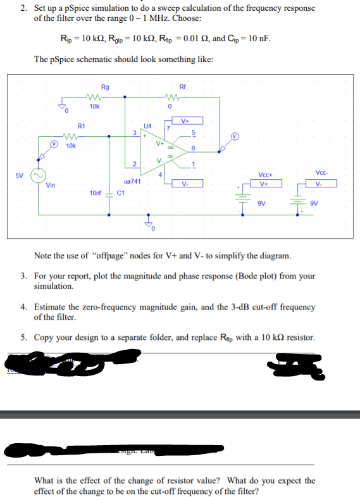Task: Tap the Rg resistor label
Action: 104,87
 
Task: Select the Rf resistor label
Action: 183,87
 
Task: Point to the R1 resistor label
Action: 81,126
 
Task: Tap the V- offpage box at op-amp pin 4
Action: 184,185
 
